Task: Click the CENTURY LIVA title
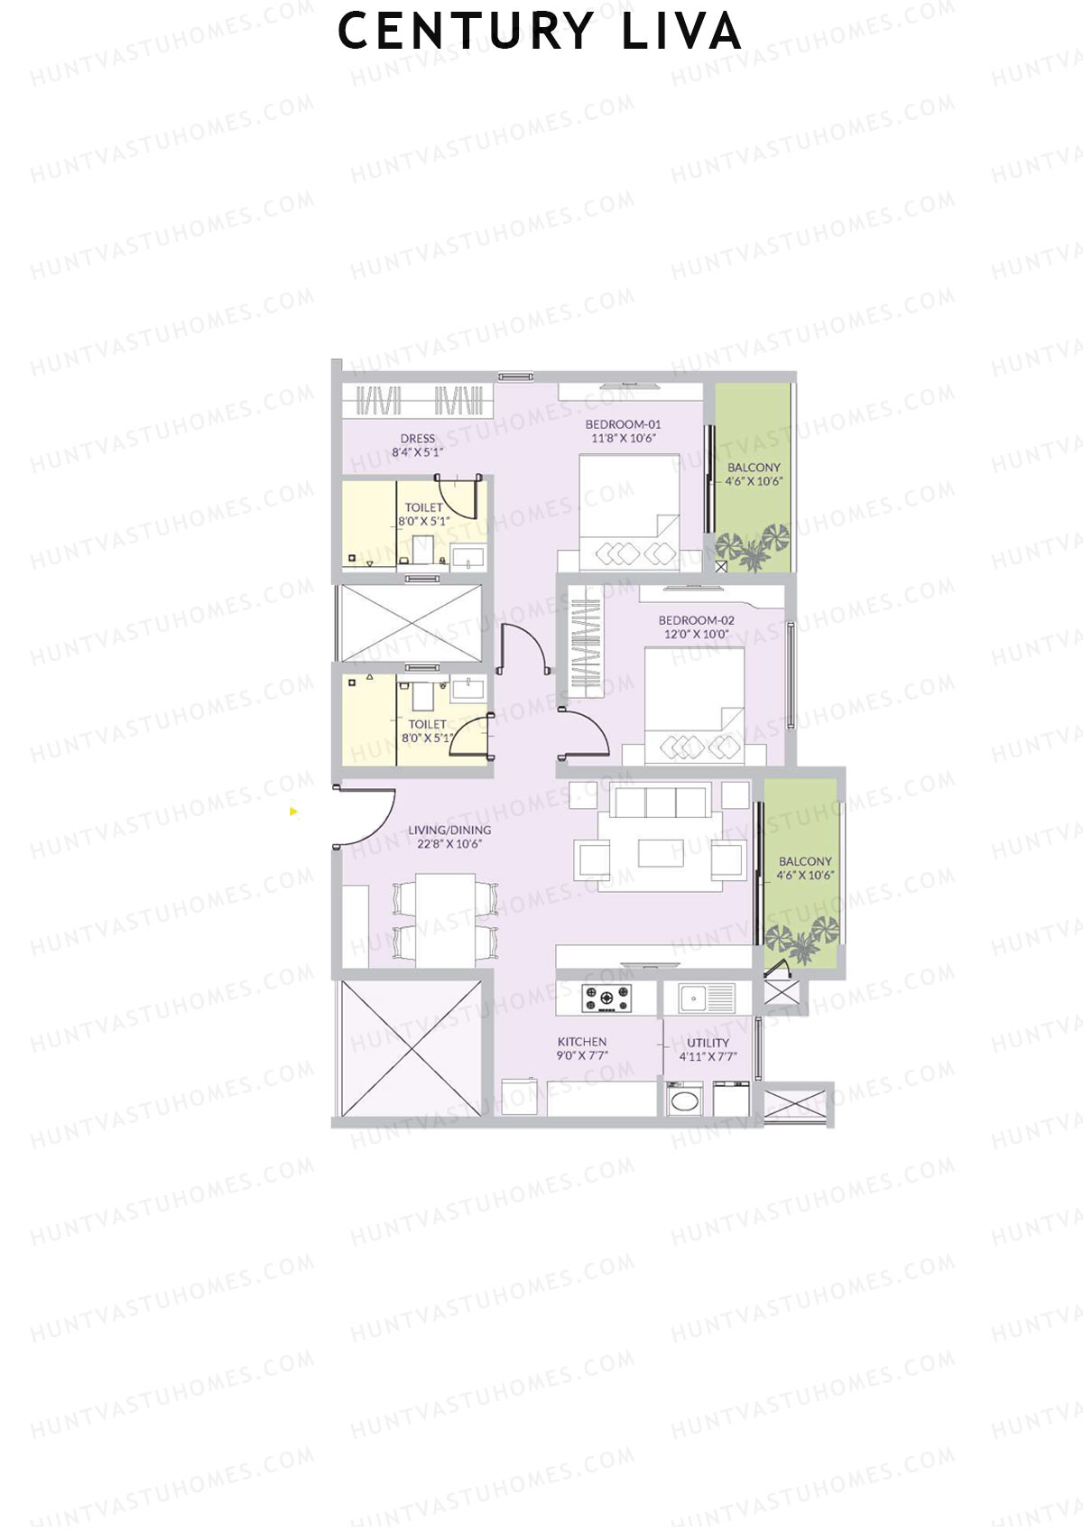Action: pos(540,32)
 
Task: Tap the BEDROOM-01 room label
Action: pos(623,424)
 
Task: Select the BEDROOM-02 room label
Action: pos(696,620)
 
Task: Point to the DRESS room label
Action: pos(418,439)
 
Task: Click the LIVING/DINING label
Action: pos(449,830)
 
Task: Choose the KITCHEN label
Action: pos(582,1042)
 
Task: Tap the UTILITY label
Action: pos(708,1043)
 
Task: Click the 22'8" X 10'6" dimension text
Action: pos(449,844)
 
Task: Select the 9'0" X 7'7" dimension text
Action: pos(582,1055)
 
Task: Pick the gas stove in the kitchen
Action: pos(606,998)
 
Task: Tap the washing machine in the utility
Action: pos(686,1100)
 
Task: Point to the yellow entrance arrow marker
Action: pos(293,812)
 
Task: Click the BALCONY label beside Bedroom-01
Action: pos(754,468)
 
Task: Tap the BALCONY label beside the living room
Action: pos(805,861)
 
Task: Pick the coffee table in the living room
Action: pos(661,852)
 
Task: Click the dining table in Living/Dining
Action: pos(446,919)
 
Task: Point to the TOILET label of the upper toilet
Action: pos(423,507)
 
